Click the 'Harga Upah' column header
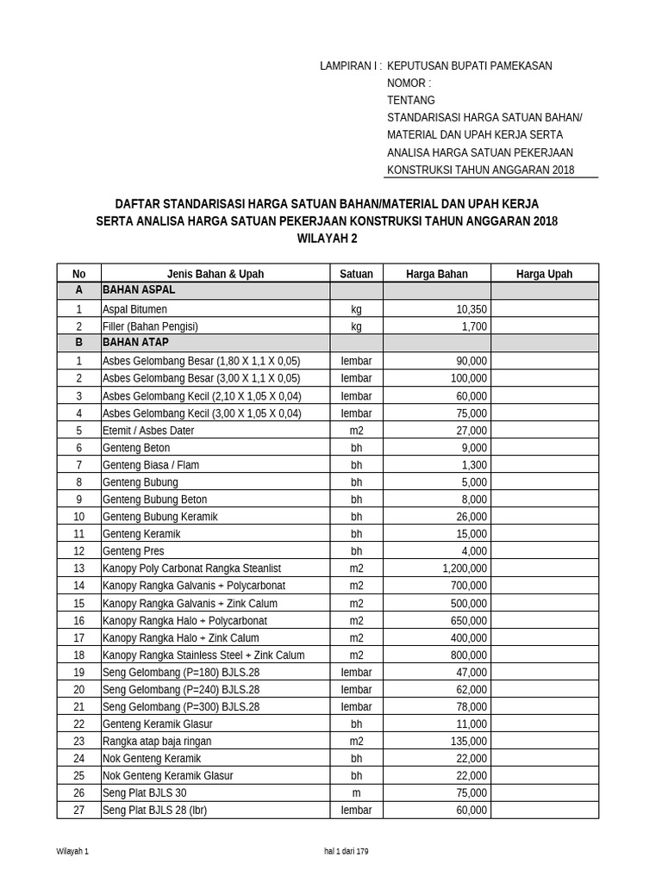click(x=544, y=274)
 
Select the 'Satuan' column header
click(x=356, y=274)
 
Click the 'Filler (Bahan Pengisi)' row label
click(x=150, y=326)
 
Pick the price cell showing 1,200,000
click(x=465, y=568)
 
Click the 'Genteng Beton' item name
click(x=136, y=448)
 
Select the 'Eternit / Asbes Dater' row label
click(x=148, y=431)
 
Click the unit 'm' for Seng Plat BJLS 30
click(x=356, y=792)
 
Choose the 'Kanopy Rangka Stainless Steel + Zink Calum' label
click(x=203, y=655)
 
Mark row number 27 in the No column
click(x=79, y=810)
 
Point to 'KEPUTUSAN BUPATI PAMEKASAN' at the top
click(x=470, y=65)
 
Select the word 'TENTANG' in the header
click(x=412, y=100)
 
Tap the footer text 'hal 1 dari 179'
click(x=347, y=851)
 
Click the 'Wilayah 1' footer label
click(x=72, y=851)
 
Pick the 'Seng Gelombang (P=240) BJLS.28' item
click(x=181, y=689)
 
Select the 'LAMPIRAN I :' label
click(x=351, y=65)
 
